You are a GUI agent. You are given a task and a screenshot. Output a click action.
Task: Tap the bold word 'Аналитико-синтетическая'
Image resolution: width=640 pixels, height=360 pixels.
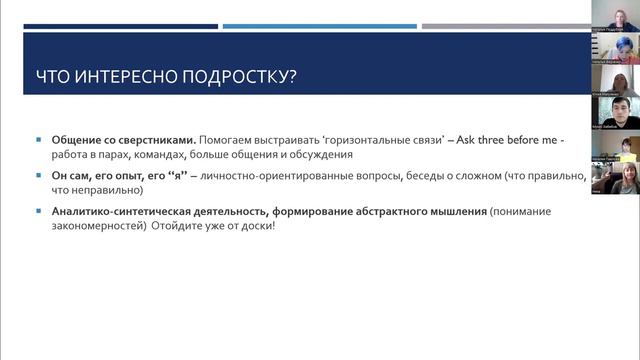pyautogui.click(x=114, y=212)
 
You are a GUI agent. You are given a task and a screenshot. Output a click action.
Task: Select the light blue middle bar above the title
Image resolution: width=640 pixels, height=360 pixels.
pyautogui.click(x=319, y=26)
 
